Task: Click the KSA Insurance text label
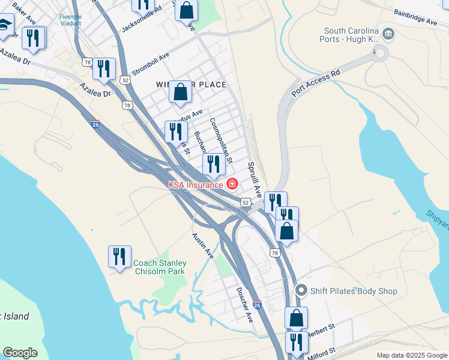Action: click(196, 185)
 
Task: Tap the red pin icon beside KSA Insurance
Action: click(232, 184)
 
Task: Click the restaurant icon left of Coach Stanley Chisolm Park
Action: click(119, 257)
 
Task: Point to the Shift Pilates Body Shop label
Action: click(354, 291)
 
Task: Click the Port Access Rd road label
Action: click(315, 82)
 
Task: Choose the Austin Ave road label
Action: click(203, 246)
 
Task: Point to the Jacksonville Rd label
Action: click(142, 20)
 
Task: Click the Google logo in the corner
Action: click(20, 353)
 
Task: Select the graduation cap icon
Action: click(5, 25)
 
